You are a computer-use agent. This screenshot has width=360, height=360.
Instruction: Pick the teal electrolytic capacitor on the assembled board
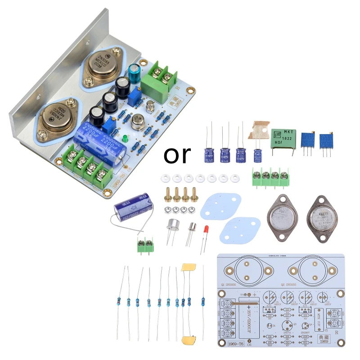133,72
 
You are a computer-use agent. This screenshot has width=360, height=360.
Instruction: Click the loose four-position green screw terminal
270,176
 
